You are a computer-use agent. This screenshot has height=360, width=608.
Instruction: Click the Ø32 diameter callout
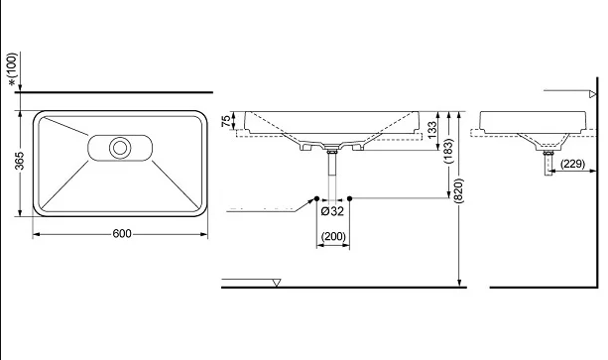coord(332,210)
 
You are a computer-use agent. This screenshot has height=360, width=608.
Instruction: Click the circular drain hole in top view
coord(121,148)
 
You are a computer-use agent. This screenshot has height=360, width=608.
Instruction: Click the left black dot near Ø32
coord(315,198)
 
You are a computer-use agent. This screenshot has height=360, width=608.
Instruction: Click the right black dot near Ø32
coord(351,198)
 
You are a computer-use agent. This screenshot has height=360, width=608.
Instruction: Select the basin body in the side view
coord(526,123)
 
